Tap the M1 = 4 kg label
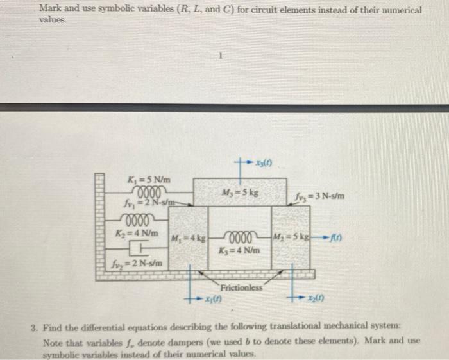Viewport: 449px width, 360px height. (x=187, y=238)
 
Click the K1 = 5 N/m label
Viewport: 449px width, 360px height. (x=149, y=179)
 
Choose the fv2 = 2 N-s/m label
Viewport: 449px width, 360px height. (x=137, y=262)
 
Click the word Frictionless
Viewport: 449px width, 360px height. (x=242, y=287)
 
